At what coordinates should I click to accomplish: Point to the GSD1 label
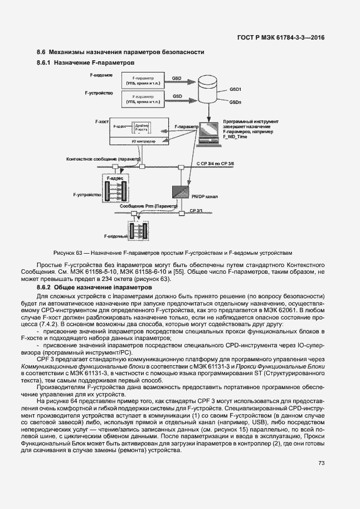tap(235, 89)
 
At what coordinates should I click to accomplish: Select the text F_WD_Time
tap(235, 136)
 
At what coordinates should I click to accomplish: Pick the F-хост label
tap(101, 121)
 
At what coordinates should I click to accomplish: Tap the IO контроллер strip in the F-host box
tap(143, 142)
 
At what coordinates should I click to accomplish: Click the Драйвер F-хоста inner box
tap(143, 127)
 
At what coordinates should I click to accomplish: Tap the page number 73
tap(321, 463)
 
